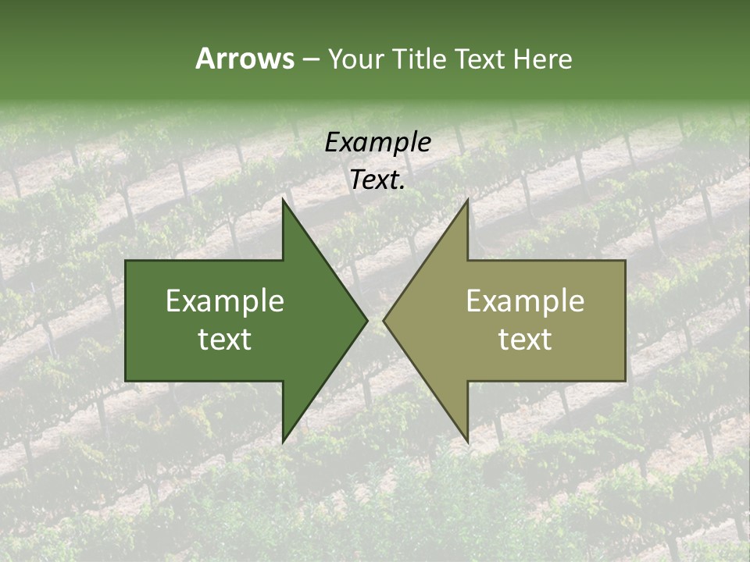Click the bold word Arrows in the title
point(244,59)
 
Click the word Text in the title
point(481,59)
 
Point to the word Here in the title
point(543,59)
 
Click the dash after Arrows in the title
point(309,60)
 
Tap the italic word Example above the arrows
point(377,143)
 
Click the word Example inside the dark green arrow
point(225,301)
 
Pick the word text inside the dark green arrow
point(225,340)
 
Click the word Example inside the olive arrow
point(525,301)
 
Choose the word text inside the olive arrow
point(525,340)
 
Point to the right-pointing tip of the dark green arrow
point(366,320)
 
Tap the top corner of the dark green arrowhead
point(284,200)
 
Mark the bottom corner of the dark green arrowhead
point(284,442)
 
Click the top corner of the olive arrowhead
point(467,200)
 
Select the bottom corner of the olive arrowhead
point(467,442)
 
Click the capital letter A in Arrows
point(205,59)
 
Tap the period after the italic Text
point(402,188)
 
